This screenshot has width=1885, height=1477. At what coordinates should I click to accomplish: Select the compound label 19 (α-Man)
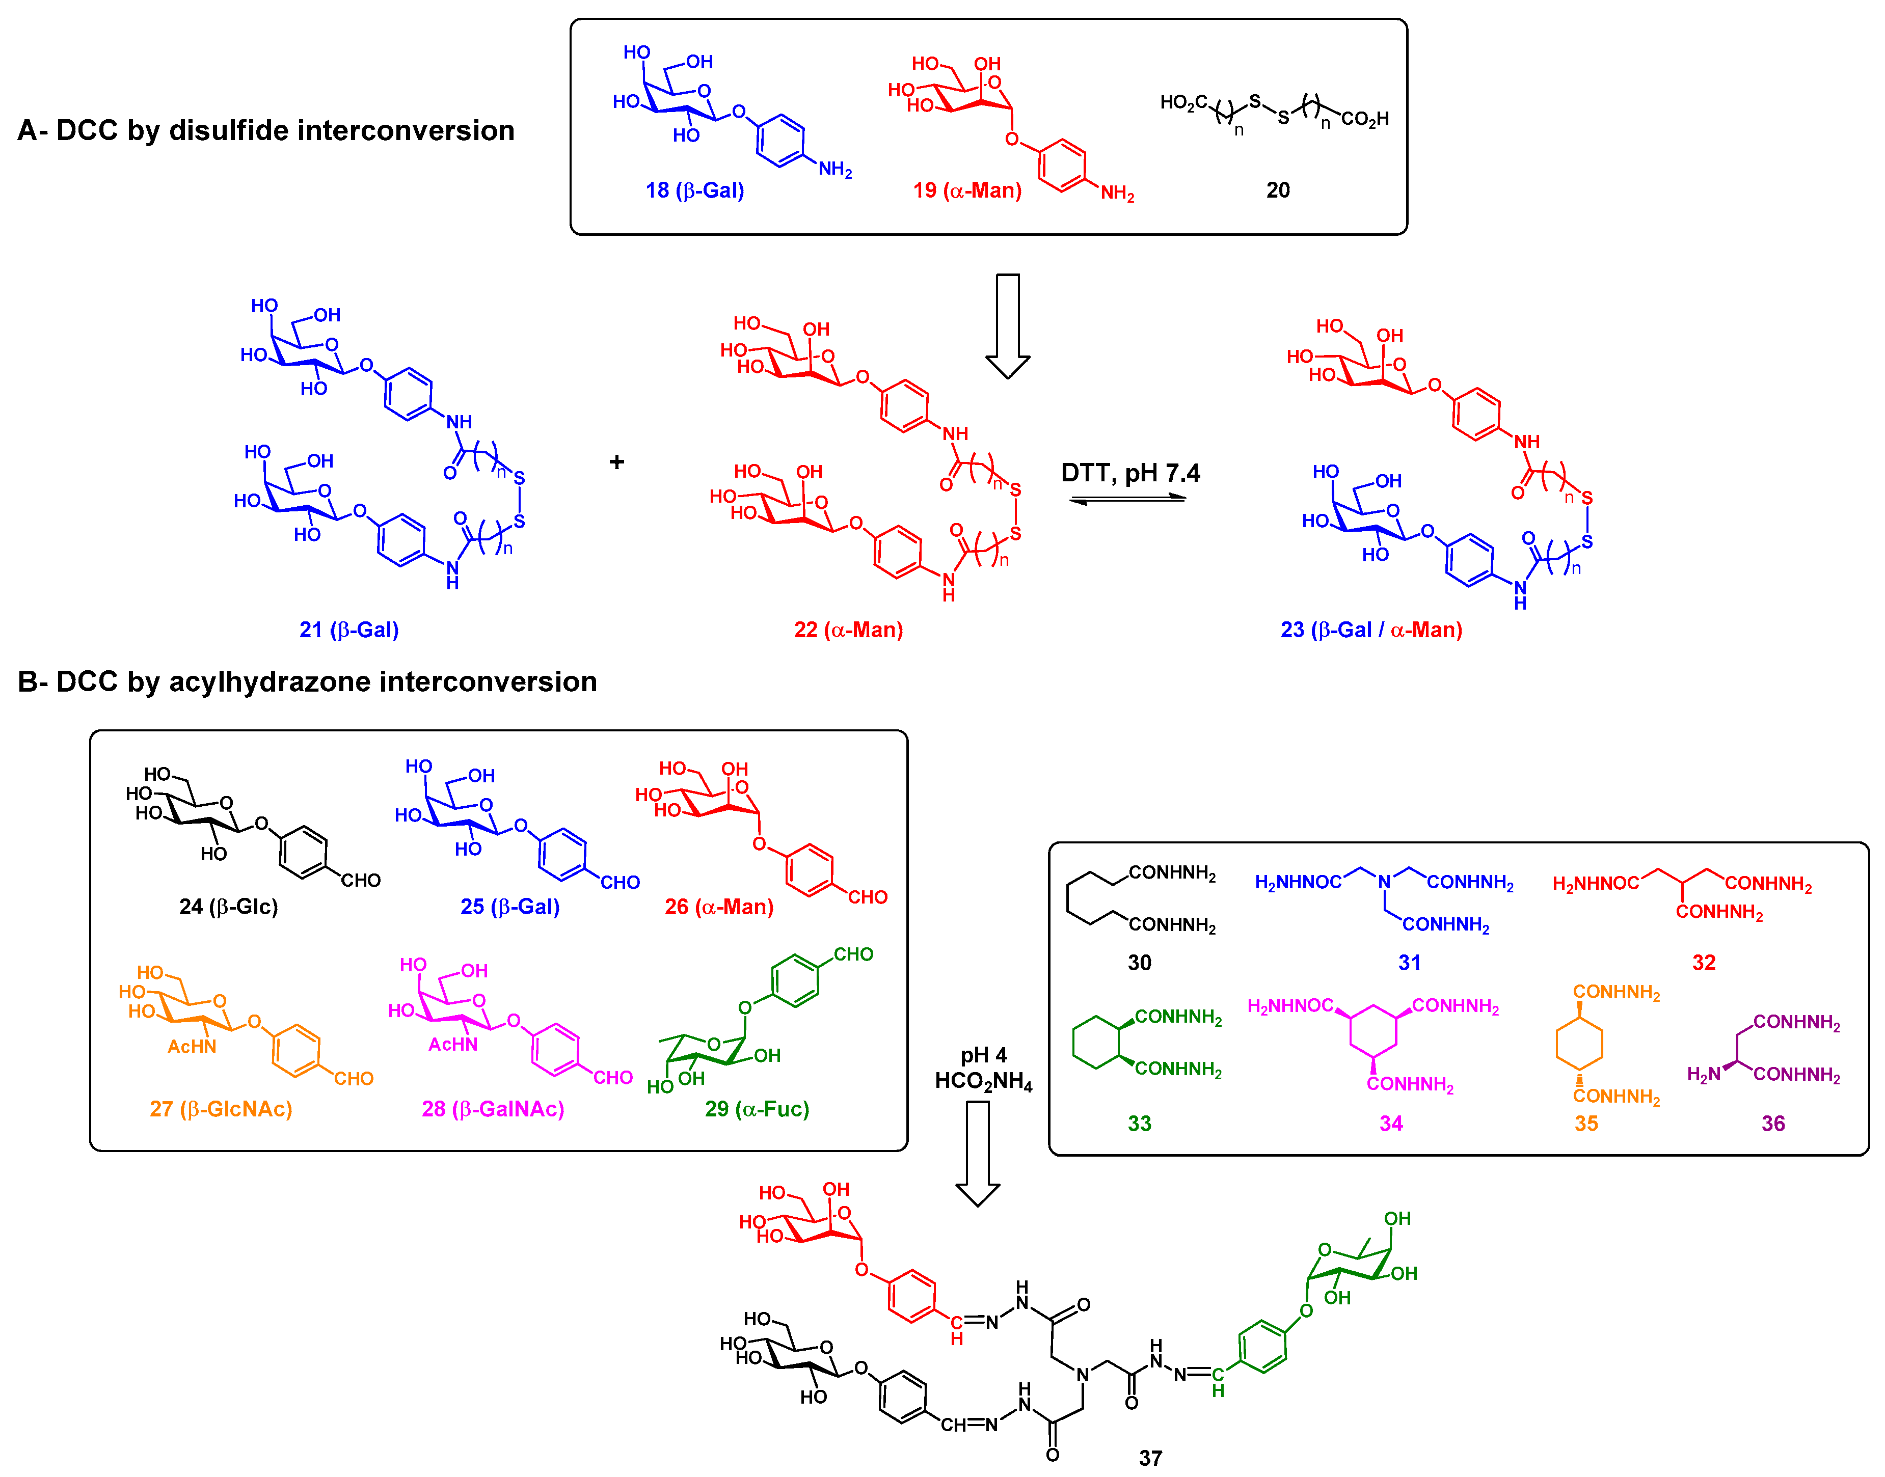tap(966, 190)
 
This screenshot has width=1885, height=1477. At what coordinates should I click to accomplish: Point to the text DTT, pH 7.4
tap(1130, 473)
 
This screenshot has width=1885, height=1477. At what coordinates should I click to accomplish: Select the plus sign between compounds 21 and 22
tap(616, 462)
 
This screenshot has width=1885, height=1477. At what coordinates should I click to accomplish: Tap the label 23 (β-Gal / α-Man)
tap(1370, 630)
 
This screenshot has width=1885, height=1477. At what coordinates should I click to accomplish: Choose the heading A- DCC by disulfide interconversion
tap(265, 130)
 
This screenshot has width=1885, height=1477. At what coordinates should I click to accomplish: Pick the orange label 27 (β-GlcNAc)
tap(221, 1109)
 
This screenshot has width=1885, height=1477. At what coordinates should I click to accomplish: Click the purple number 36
tap(1772, 1124)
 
